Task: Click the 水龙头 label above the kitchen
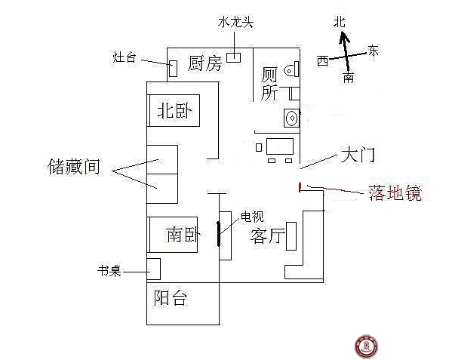pyautogui.click(x=235, y=22)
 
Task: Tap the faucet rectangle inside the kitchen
pyautogui.click(x=233, y=57)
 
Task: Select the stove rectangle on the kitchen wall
pyautogui.click(x=173, y=69)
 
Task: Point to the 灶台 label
pyautogui.click(x=125, y=57)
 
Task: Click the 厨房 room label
pyautogui.click(x=204, y=63)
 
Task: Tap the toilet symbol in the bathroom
pyautogui.click(x=292, y=69)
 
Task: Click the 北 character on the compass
pyautogui.click(x=340, y=22)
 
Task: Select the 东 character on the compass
pyautogui.click(x=373, y=51)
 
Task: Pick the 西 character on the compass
pyautogui.click(x=322, y=61)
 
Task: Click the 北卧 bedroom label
pyautogui.click(x=175, y=111)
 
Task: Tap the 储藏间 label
pyautogui.click(x=74, y=167)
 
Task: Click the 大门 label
pyautogui.click(x=358, y=155)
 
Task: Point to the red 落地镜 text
pyautogui.click(x=395, y=192)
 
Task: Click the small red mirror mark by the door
pyautogui.click(x=300, y=187)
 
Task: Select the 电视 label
pyautogui.click(x=252, y=217)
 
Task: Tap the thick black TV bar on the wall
pyautogui.click(x=219, y=234)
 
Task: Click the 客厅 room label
pyautogui.click(x=267, y=236)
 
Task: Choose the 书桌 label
pyautogui.click(x=109, y=271)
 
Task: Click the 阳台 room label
pyautogui.click(x=170, y=298)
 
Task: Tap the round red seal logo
pyautogui.click(x=366, y=346)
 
